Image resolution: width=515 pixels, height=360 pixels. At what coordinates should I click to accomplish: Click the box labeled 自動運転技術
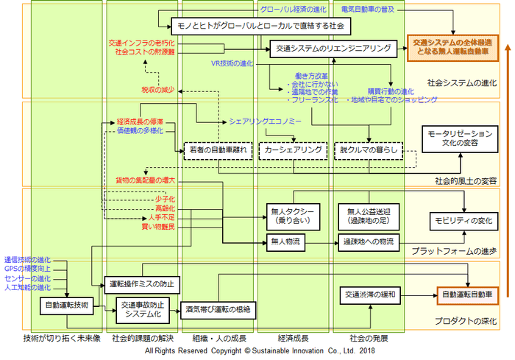[67, 304]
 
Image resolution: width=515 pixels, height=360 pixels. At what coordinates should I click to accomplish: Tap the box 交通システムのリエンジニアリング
[328, 49]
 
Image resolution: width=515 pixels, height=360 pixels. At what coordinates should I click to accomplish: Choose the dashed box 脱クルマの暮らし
[369, 149]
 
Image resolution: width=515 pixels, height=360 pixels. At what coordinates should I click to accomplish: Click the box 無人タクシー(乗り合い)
[293, 216]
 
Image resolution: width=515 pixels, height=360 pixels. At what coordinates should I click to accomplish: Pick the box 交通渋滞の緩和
[371, 294]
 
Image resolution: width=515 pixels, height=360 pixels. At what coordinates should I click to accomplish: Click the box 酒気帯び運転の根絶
[218, 310]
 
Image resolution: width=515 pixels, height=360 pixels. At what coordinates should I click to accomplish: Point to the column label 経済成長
[292, 339]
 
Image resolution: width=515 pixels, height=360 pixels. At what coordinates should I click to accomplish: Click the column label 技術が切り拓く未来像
[63, 339]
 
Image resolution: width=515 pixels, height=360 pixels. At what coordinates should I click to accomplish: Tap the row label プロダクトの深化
[466, 322]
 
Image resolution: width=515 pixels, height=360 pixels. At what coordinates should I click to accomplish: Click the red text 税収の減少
[159, 90]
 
